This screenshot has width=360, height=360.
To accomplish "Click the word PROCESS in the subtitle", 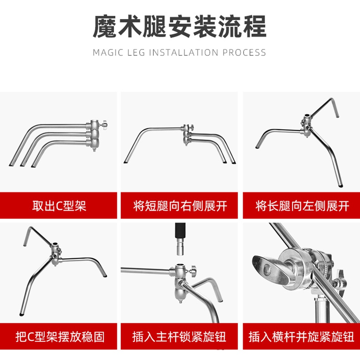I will click(x=244, y=53).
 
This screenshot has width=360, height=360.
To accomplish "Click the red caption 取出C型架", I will click(x=59, y=206).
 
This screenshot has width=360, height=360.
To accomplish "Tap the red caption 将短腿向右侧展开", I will click(x=180, y=206).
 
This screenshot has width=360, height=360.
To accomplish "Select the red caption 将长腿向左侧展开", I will click(x=302, y=206).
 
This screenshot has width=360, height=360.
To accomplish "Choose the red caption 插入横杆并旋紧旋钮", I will click(x=301, y=337).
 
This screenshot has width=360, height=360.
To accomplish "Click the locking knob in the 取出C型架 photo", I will click(x=104, y=124).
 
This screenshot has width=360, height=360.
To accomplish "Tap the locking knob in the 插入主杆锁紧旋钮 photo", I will click(x=193, y=271).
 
